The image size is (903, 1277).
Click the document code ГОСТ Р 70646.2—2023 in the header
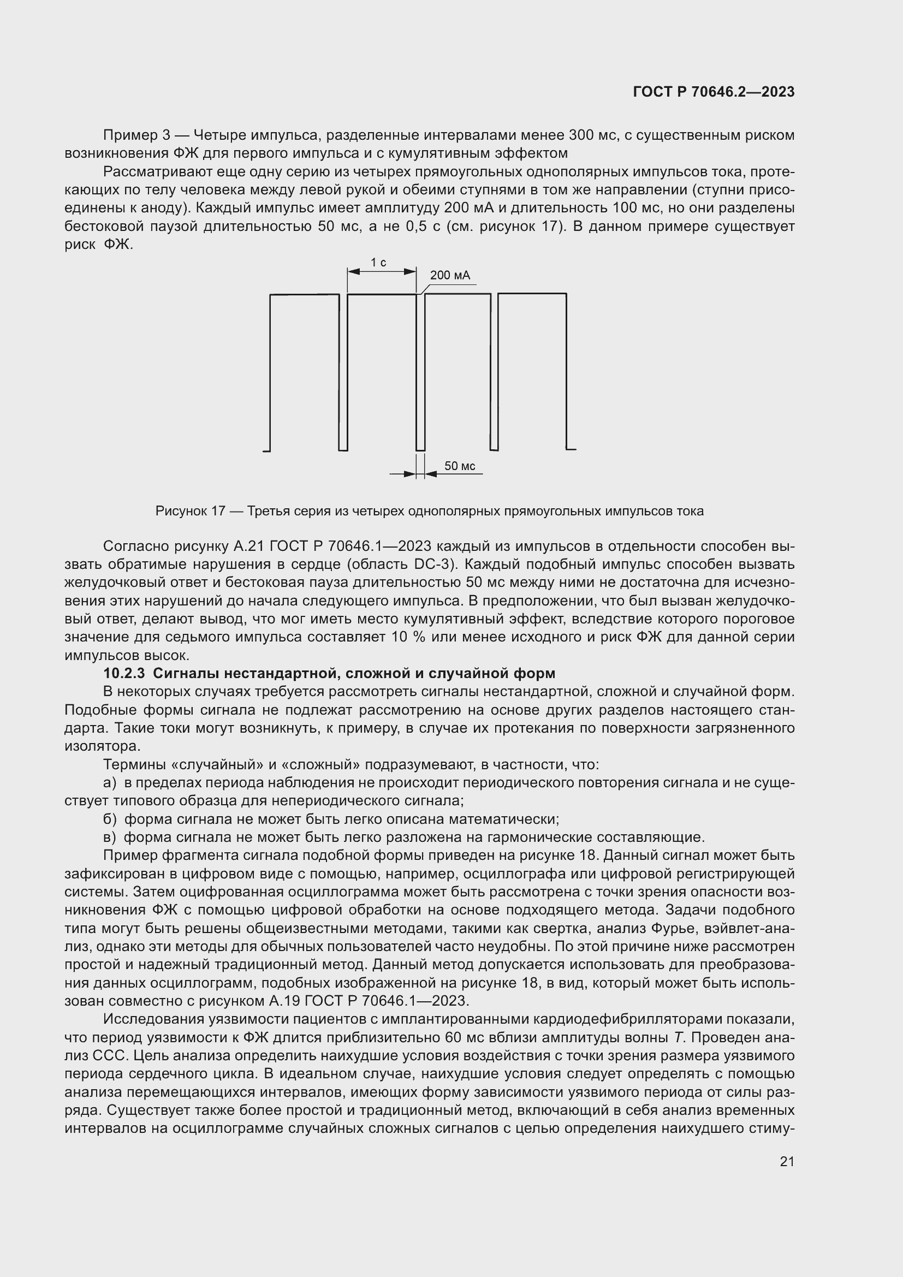[x=714, y=92]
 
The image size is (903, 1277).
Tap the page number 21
[x=787, y=1161]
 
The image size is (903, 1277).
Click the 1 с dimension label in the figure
[x=378, y=263]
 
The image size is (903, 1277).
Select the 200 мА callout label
[x=450, y=275]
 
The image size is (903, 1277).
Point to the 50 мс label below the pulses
[x=459, y=466]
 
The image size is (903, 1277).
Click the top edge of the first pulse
[x=304, y=295]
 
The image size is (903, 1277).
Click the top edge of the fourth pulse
[x=532, y=294]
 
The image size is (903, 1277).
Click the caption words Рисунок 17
[x=189, y=511]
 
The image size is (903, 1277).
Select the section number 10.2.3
[x=124, y=674]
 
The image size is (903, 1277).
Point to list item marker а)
[x=110, y=783]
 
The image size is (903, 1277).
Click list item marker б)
[x=110, y=819]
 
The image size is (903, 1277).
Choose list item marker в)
[x=110, y=838]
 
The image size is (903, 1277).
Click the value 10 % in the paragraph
[x=408, y=637]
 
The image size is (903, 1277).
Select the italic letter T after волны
[x=678, y=1038]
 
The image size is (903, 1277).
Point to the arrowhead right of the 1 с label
[x=411, y=271]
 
